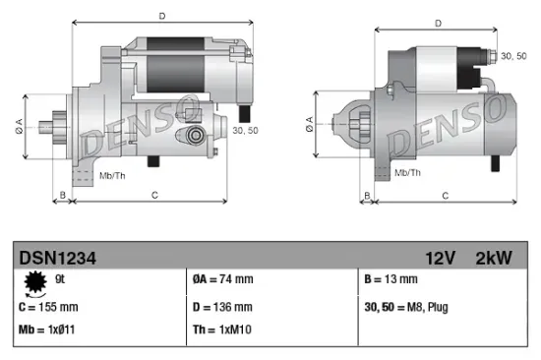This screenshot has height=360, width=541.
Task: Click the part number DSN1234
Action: click(49, 257)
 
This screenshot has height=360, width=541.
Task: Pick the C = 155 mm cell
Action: click(48, 306)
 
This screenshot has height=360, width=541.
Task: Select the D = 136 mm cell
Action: click(223, 306)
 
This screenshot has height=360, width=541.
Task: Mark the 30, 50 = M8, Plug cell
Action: click(406, 306)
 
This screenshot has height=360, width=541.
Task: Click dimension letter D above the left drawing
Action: click(162, 15)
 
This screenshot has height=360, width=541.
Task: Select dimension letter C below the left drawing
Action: click(154, 196)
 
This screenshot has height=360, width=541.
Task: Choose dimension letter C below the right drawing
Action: click(445, 196)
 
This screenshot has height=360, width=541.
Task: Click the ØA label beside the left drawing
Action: click(18, 125)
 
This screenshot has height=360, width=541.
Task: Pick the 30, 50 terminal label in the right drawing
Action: click(512, 58)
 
